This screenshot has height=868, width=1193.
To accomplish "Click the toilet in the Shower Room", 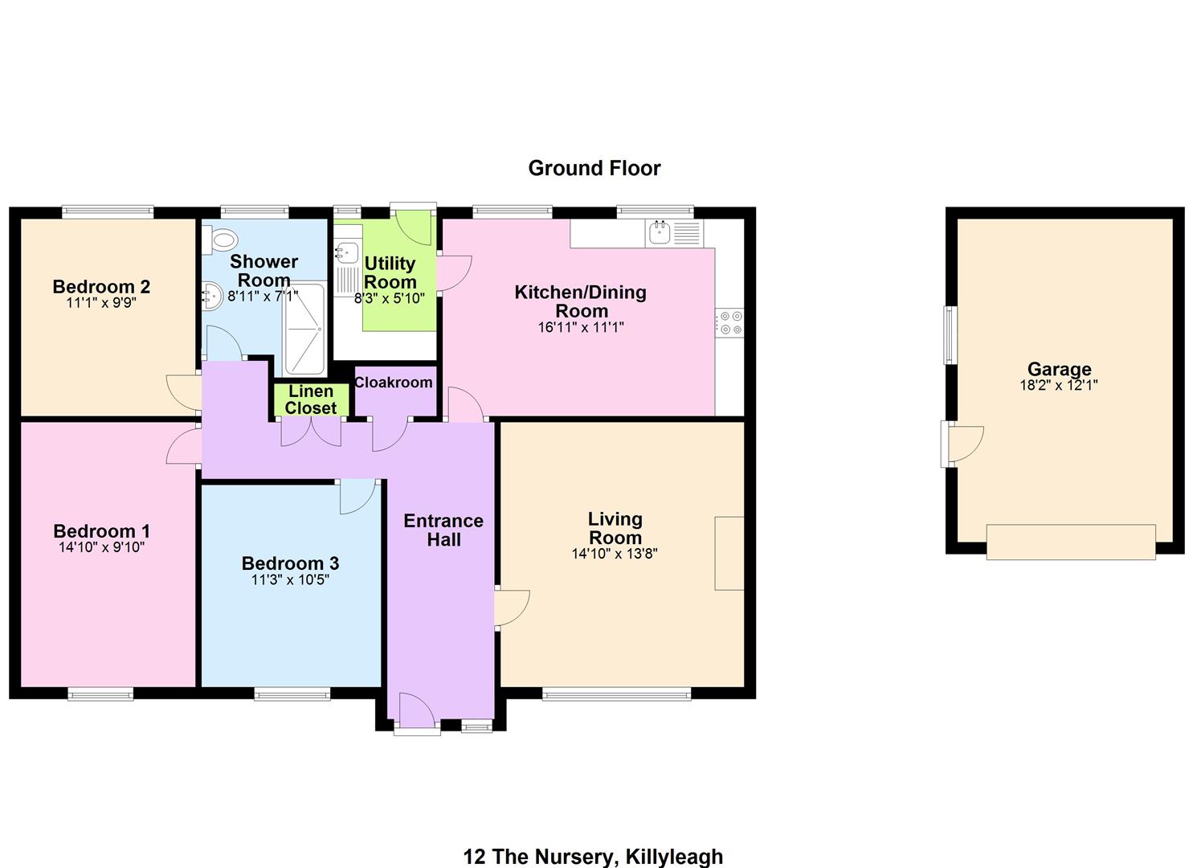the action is click(x=221, y=239).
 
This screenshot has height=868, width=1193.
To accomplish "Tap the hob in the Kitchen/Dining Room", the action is click(x=729, y=323).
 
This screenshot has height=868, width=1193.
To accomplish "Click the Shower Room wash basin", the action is click(x=212, y=296).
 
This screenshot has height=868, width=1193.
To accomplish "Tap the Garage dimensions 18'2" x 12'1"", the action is click(x=1059, y=385).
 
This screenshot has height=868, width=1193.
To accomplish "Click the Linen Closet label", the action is click(x=311, y=399).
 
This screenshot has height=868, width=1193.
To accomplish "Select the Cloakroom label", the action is click(x=393, y=383).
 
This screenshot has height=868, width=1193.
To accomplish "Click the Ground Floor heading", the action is click(x=594, y=169).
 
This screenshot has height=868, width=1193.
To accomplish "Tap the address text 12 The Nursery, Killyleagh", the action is click(x=594, y=857).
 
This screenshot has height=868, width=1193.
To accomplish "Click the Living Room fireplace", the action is click(x=729, y=553).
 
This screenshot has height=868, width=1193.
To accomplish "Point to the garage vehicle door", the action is click(x=1071, y=542).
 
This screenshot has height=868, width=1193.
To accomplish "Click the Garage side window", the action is click(x=950, y=335).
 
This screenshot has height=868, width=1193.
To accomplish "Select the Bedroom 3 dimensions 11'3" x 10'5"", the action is click(x=290, y=579).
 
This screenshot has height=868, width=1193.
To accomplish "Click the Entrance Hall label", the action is click(x=443, y=530).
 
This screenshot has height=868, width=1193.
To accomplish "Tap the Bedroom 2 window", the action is click(x=108, y=212).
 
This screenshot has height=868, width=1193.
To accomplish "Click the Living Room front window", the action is click(x=617, y=694).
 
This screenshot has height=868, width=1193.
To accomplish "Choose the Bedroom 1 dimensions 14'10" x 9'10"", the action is click(x=102, y=547).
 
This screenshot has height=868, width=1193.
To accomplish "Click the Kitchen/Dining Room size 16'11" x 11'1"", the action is click(x=581, y=327).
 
